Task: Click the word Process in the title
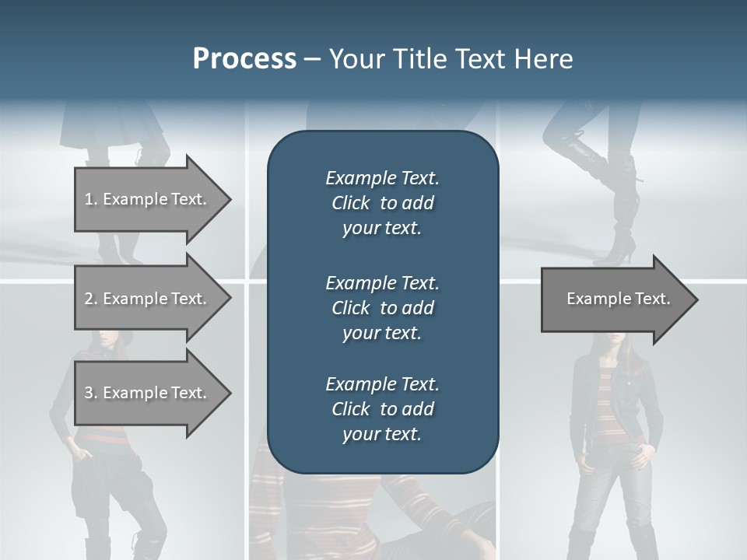244,59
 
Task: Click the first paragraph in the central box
382,203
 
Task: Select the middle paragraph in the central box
382,307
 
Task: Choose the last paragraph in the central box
382,409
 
